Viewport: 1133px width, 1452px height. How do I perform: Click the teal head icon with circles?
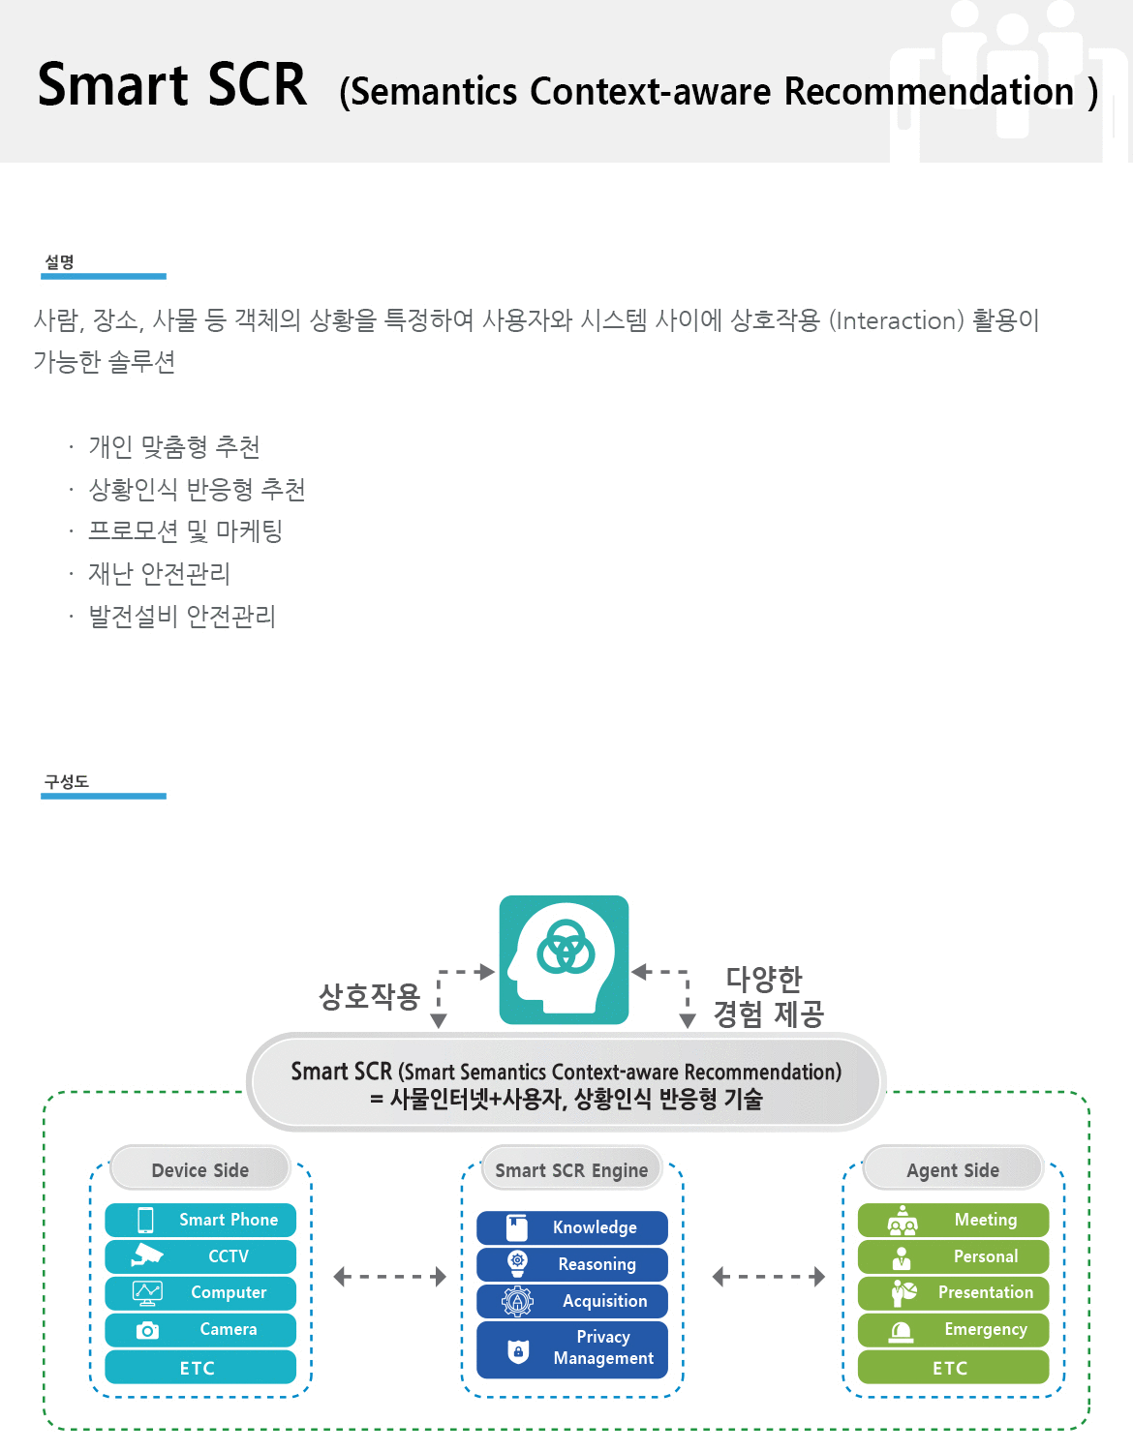564,959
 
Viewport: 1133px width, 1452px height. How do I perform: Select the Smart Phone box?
200,1220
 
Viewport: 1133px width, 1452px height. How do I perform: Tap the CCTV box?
200,1256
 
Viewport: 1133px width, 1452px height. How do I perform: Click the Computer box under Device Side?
200,1292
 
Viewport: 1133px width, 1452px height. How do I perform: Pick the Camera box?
200,1329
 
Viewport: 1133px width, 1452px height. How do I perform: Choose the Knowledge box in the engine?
571,1227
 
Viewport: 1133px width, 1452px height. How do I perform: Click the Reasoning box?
571,1264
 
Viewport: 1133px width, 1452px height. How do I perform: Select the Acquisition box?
571,1301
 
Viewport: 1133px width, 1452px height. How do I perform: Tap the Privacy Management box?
571,1348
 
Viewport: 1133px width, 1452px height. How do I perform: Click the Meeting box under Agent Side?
953,1220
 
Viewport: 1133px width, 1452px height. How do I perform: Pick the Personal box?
953,1256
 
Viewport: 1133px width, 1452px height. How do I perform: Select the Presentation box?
953,1292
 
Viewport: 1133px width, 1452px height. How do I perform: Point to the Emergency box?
953,1329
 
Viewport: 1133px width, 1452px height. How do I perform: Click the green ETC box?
953,1368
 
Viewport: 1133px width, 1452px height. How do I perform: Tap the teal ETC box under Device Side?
200,1368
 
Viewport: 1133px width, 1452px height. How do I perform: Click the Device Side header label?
200,1170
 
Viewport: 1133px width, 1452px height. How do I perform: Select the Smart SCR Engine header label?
571,1170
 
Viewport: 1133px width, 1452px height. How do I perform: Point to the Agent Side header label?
953,1170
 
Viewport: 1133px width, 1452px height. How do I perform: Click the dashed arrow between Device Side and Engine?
389,1277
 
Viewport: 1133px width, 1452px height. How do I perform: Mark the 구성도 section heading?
67,782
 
